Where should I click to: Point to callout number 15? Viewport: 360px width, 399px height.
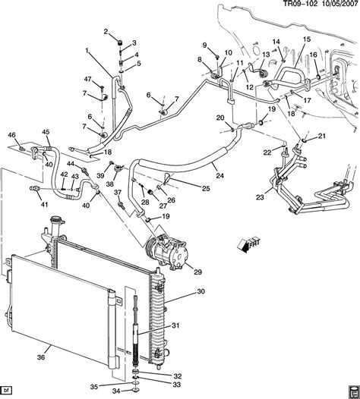[307, 39]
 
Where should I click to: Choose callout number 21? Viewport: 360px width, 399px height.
[321, 137]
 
